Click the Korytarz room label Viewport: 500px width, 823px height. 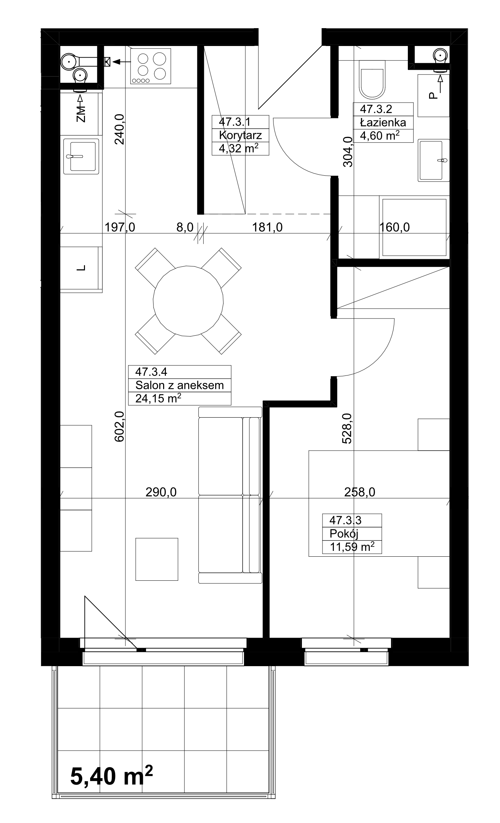tap(240, 135)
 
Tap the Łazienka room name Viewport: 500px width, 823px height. tap(383, 122)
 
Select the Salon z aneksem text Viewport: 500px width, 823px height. tap(179, 385)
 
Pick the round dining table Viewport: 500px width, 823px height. tap(188, 301)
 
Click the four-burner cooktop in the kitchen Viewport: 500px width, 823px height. tap(150, 66)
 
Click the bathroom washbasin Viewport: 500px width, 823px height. tap(434, 160)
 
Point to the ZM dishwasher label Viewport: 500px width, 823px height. tap(81, 114)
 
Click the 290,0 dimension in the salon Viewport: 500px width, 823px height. tap(161, 492)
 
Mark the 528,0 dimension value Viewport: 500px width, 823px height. tap(347, 428)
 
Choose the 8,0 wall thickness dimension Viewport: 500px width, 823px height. tap(185, 227)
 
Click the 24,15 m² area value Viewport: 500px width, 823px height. tap(158, 398)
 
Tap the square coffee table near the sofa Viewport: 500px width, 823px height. tap(157, 559)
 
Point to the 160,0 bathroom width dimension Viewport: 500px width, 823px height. tap(394, 227)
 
